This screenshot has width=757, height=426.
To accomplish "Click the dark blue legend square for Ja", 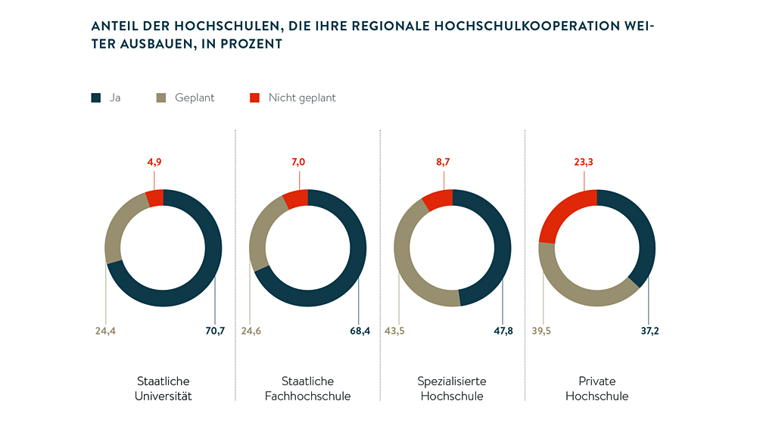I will [x=95, y=98].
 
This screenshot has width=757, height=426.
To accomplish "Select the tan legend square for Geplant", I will [x=160, y=98].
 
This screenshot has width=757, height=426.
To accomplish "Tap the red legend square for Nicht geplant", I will [x=254, y=98].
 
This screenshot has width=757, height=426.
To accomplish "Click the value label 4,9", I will [x=154, y=161].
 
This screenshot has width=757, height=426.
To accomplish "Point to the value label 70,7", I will [x=215, y=331].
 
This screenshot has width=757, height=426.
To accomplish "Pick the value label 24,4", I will [x=105, y=331].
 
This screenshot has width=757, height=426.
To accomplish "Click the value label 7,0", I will [x=299, y=161].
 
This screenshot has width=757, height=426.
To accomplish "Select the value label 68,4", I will [x=360, y=331].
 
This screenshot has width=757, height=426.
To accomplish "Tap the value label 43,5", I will [x=394, y=331].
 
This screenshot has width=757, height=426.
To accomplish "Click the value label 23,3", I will [x=584, y=161].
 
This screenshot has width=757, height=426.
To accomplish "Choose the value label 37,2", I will [x=649, y=331].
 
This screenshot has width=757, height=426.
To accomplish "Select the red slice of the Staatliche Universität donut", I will [x=155, y=198].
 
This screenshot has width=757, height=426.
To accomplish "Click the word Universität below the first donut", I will [x=164, y=396].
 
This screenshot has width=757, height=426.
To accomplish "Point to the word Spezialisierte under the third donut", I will [x=452, y=381].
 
